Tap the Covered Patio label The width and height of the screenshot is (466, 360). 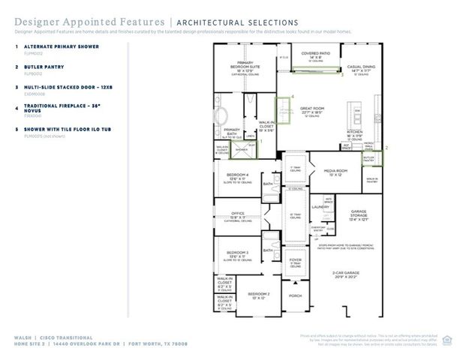[316, 54]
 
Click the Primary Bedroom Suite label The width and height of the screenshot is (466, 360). [245, 64]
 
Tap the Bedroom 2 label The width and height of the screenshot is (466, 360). [258, 295]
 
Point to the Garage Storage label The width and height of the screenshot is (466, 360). [358, 213]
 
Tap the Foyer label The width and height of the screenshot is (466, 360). [295, 260]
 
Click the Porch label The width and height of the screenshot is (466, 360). [295, 295]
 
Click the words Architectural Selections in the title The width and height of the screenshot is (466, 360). [238, 23]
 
